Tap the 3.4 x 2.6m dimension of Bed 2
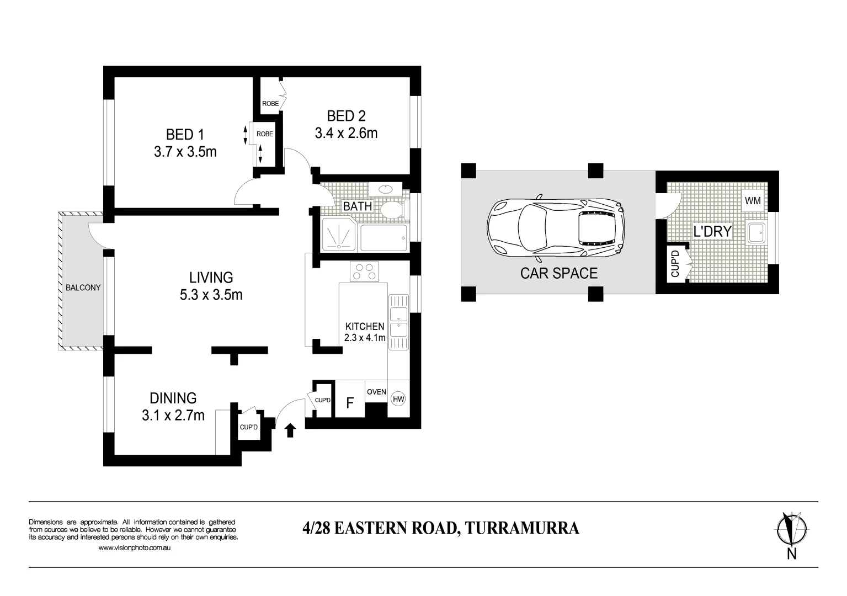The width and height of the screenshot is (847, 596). [x=346, y=133]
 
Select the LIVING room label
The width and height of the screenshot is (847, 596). [x=211, y=277]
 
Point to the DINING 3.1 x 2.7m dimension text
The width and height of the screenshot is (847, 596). [x=173, y=415]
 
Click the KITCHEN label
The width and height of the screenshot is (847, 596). [x=364, y=326]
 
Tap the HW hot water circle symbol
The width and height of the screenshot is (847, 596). [x=398, y=399]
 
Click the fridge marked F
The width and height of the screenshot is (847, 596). [x=349, y=403]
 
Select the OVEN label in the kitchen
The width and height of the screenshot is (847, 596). [x=376, y=392]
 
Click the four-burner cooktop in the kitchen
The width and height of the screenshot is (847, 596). [x=364, y=272]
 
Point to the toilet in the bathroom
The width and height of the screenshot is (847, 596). [x=392, y=210]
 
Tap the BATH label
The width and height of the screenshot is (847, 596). [x=358, y=206]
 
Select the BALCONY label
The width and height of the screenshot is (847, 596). [x=83, y=288]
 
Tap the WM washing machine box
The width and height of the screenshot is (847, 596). [x=753, y=201]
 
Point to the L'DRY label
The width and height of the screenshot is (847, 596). [x=712, y=231]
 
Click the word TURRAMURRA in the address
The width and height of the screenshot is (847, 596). [x=522, y=528]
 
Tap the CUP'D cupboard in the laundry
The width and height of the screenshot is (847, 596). [x=674, y=263]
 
